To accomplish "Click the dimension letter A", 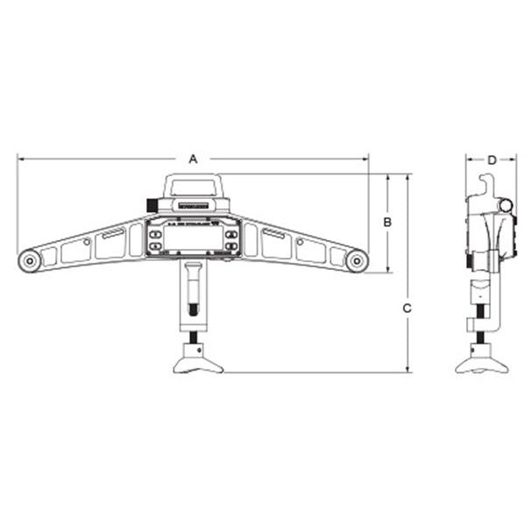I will pos(194,159).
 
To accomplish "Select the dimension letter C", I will pos(407,308).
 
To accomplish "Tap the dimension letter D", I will pos(492,159).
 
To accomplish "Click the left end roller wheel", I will pos(29,260).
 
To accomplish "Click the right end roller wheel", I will pos(356,260).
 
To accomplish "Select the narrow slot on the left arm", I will pos(113,234).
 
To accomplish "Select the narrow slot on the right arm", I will pos(273,234).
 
